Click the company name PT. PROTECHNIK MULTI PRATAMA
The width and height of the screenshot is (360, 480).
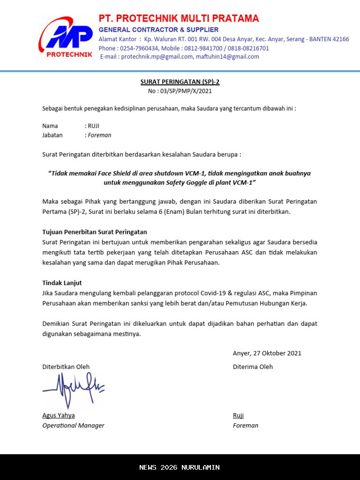(179, 19)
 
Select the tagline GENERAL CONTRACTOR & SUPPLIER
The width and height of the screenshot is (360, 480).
(158, 30)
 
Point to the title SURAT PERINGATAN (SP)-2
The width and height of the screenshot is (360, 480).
(180, 82)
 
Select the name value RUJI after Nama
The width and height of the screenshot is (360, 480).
(94, 126)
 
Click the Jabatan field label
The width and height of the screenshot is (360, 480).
(52, 135)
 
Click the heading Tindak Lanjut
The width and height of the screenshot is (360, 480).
(62, 283)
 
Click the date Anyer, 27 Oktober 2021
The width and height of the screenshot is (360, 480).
(267, 353)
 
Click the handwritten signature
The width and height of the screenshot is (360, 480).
(73, 389)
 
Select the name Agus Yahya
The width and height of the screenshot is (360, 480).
(59, 415)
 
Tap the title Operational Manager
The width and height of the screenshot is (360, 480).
(74, 426)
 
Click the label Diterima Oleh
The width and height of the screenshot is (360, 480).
(253, 367)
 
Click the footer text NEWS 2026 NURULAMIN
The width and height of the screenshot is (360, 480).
(180, 467)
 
